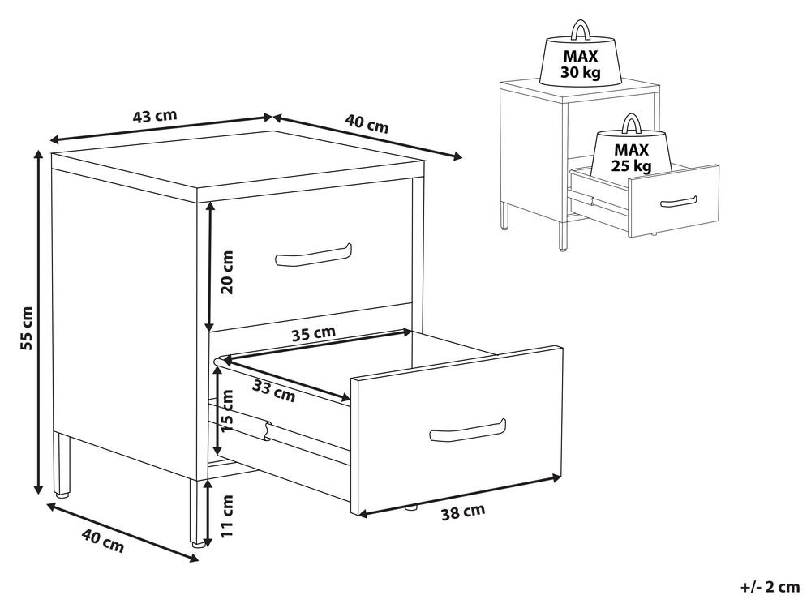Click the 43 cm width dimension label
[155, 116]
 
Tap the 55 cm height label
[26, 328]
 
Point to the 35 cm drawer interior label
[313, 333]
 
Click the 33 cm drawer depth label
[274, 392]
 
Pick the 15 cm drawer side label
[226, 412]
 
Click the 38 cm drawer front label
[463, 512]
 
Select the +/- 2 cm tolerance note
[770, 587]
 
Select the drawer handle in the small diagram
[679, 202]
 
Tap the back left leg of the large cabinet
[62, 464]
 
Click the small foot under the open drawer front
[411, 507]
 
